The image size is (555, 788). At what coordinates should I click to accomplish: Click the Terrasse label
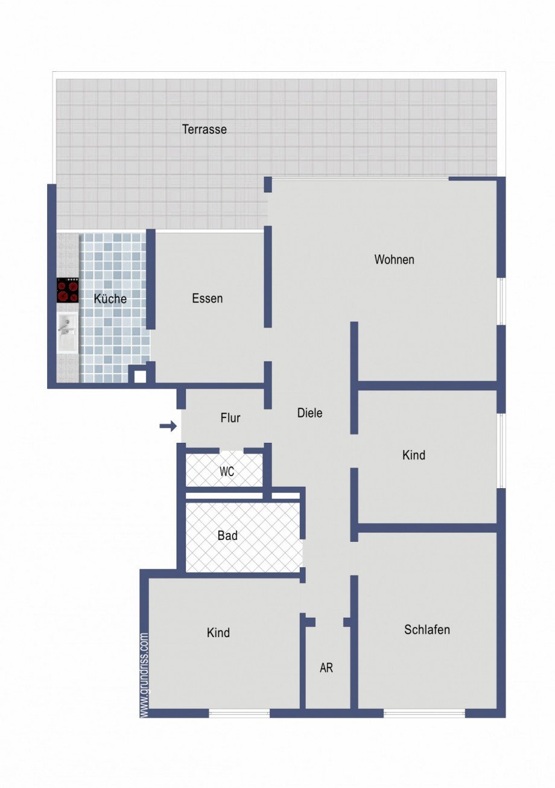point(205,130)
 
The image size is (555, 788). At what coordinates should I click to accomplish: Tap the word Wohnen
point(395,259)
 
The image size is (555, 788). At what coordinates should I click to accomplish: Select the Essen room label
point(207,299)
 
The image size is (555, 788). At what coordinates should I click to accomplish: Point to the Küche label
point(110,299)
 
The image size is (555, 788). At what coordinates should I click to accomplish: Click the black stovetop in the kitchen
point(68,290)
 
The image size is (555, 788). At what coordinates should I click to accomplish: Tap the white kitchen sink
point(68,332)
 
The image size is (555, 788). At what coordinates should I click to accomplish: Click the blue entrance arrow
point(168,427)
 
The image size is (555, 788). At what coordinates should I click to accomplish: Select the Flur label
point(230,418)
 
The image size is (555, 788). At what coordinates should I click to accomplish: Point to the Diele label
point(310,413)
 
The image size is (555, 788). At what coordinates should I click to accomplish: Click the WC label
point(227,471)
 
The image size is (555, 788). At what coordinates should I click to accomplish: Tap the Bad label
point(227,535)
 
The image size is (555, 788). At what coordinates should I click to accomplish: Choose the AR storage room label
point(326,668)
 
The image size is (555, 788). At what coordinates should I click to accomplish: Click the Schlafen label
point(427,630)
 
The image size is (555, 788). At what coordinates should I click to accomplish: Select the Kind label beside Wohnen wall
point(414,455)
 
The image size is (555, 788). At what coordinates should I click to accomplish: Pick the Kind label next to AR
point(218,633)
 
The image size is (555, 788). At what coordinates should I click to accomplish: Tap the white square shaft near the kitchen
point(140,377)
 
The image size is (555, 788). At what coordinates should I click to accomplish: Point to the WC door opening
point(232,451)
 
